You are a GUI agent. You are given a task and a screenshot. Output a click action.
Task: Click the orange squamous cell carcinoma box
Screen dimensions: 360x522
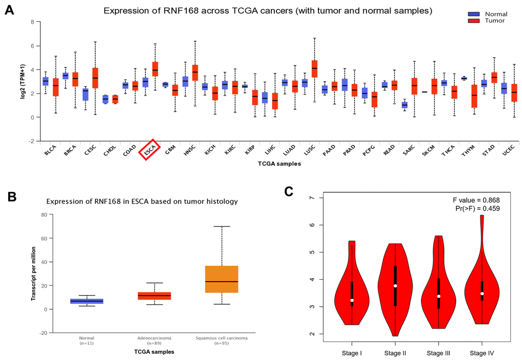[x=222, y=279]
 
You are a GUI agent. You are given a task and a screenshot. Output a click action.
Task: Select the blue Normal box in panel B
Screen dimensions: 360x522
[x=87, y=301]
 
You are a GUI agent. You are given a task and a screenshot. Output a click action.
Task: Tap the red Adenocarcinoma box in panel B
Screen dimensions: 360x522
[x=155, y=296]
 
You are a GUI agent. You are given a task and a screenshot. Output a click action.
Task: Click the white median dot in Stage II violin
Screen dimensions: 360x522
[x=395, y=286]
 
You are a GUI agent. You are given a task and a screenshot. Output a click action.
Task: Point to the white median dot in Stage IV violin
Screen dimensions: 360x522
[x=482, y=294]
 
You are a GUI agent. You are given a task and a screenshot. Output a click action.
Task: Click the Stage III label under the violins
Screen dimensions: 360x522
[x=438, y=352]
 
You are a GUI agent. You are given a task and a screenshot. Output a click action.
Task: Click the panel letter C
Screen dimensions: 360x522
[x=289, y=191]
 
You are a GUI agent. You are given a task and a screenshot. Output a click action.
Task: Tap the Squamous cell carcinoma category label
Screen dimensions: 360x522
[x=222, y=339]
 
